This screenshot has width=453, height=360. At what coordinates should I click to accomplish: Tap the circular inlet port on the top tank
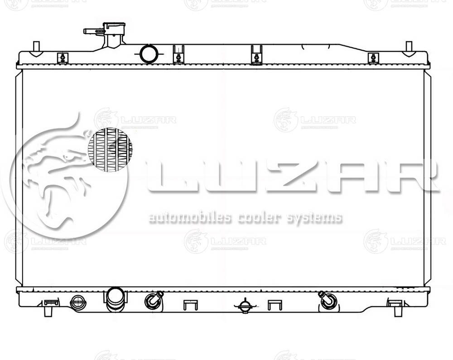tap(149, 54)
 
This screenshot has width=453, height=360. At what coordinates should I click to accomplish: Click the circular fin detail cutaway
tap(110, 150)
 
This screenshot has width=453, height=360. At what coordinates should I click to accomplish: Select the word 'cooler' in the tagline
tap(256, 218)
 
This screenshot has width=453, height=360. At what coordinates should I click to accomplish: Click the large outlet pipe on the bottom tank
tap(116, 299)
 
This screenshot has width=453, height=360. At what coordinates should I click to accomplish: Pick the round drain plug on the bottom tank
tap(78, 302)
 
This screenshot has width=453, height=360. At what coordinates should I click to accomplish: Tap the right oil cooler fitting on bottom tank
tap(328, 300)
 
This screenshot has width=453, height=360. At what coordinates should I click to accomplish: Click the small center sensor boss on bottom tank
tap(245, 306)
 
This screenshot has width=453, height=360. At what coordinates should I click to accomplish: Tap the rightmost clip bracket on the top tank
tap(373, 58)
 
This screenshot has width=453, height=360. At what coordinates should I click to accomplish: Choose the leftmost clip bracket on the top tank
tap(63, 58)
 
